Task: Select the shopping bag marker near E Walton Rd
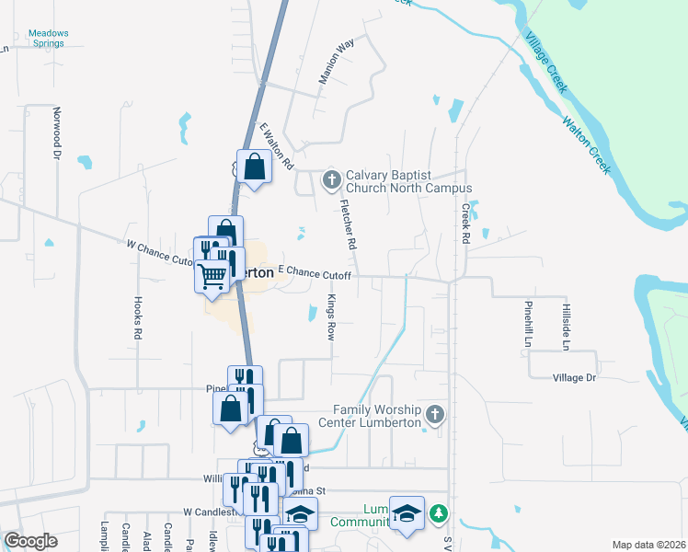[255, 167]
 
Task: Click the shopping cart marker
[212, 275]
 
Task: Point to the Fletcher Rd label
[348, 226]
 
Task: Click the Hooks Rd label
[138, 318]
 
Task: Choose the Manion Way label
[336, 63]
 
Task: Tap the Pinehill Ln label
[529, 323]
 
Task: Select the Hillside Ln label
[565, 328]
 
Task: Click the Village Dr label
[575, 378]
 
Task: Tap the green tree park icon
[441, 512]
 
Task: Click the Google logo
[30, 541]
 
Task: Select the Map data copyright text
[648, 545]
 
